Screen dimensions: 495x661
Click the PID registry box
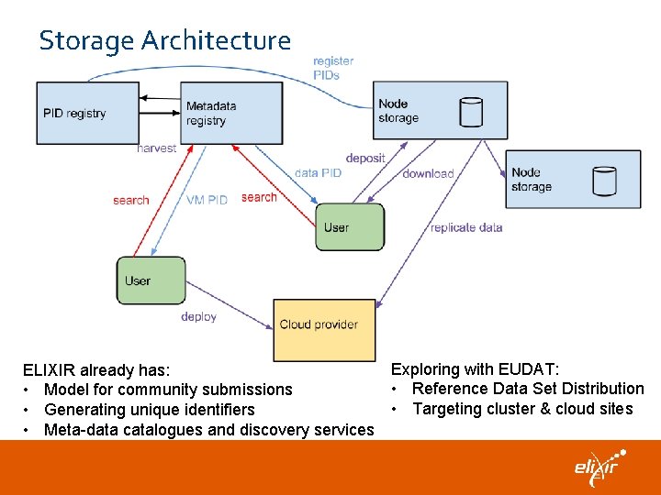87,113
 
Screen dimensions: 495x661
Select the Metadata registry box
231,113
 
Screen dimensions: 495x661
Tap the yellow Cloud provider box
324,329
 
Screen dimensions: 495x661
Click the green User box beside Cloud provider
151,280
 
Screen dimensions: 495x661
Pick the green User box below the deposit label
349,227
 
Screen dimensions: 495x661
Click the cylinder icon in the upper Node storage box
470,112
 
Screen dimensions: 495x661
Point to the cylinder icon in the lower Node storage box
603,181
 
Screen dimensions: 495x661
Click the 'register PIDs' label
332,68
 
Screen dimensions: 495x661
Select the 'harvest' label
156,148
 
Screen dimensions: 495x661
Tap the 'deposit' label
365,158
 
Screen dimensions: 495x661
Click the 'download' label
428,173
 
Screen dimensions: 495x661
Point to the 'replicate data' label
466,227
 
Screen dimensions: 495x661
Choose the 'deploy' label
198,316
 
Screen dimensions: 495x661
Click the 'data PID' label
318,172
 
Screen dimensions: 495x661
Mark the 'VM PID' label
207,200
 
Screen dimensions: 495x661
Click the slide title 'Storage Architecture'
164,40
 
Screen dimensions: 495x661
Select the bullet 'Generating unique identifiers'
149,410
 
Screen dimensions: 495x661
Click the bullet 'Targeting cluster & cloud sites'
522,409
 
